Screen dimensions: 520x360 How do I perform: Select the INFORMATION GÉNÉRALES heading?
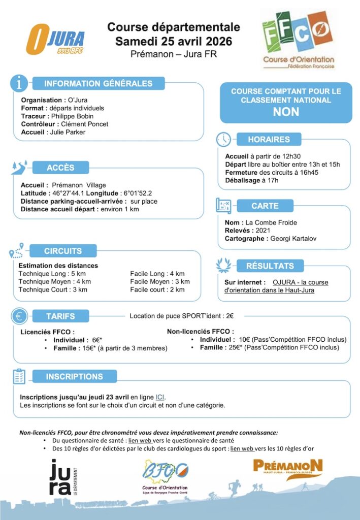[98, 83]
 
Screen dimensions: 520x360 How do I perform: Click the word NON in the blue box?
[286, 112]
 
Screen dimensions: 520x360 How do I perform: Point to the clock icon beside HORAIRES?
[223, 139]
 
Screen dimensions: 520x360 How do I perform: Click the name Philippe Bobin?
[73, 116]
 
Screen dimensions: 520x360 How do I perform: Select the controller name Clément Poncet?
[84, 124]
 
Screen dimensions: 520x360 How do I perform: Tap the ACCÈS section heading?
[60, 168]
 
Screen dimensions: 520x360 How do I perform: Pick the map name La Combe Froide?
[271, 222]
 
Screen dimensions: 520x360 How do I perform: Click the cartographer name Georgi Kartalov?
[293, 238]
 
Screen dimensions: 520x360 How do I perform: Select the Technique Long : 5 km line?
[49, 274]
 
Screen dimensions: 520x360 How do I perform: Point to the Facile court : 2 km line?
[157, 289]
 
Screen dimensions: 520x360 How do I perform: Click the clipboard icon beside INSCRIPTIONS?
[19, 376]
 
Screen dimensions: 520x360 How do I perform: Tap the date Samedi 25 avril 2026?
[174, 41]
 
